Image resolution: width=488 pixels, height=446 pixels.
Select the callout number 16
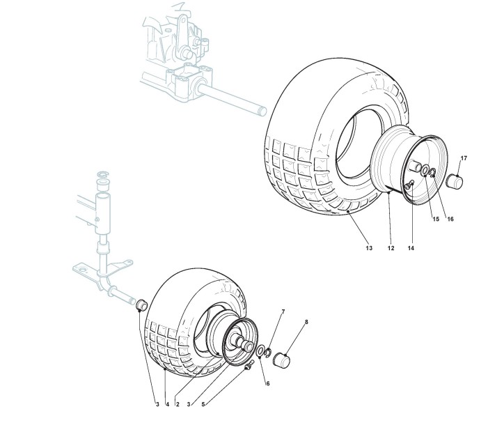450,219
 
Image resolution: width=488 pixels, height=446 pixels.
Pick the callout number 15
435,219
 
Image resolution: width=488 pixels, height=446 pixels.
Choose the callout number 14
411,248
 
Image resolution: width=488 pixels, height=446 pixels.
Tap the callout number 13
368,248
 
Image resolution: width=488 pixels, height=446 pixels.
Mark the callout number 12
391,248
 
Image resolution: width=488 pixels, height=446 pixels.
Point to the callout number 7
283,311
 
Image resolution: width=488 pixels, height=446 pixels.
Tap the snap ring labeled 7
268,353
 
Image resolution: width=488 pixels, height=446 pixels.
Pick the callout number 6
267,383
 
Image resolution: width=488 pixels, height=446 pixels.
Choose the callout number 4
167,403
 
